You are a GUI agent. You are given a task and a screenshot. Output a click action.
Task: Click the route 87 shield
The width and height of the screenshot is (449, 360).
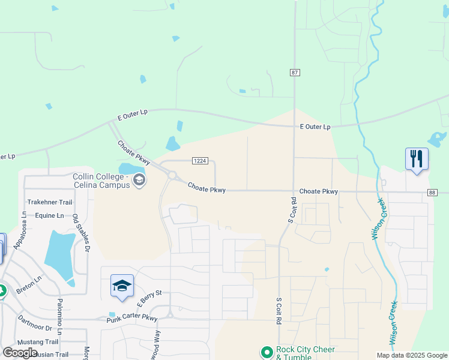[294, 73]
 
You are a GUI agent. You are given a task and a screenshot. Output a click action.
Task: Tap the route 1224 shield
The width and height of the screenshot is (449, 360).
[200, 161]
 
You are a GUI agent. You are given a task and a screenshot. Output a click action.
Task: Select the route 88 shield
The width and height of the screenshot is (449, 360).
[432, 193]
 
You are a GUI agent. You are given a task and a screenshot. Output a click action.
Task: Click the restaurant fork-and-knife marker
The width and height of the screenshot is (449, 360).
[417, 159]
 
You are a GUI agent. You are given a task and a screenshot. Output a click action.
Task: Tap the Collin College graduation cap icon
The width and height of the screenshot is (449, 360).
[139, 179]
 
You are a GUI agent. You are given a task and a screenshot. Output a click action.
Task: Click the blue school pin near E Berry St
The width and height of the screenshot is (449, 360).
[122, 286]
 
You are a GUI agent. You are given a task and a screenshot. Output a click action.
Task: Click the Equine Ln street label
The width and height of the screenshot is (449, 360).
[49, 215]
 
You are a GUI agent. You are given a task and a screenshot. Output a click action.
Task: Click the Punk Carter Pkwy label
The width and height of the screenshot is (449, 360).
[132, 319]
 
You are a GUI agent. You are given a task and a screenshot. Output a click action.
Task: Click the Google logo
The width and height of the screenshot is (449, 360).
[20, 353]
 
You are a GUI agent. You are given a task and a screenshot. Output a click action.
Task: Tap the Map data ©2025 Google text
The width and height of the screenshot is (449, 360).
[411, 355]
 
